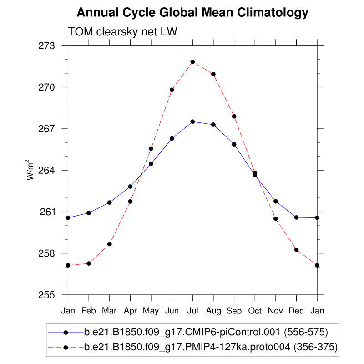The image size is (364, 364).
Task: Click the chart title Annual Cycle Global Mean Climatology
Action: tap(192, 13)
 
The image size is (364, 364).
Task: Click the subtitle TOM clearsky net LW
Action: tap(122, 32)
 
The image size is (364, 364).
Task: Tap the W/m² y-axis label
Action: tap(30, 170)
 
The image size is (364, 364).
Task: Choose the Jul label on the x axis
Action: tap(192, 311)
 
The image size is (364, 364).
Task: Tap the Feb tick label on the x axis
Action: tap(89, 311)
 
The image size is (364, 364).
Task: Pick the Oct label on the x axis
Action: tap(255, 311)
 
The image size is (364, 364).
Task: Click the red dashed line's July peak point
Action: tap(192, 62)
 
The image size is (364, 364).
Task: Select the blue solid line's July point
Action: tap(192, 121)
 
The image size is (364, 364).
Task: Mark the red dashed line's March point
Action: tap(110, 244)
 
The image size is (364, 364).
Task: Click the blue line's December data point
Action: tap(296, 217)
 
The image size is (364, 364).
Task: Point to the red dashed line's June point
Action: tap(172, 90)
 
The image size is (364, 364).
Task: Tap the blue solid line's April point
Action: tap(130, 187)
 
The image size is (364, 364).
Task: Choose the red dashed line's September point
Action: tap(234, 116)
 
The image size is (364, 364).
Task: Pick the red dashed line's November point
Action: tap(275, 219)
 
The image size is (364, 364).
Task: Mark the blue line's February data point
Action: tap(89, 213)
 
